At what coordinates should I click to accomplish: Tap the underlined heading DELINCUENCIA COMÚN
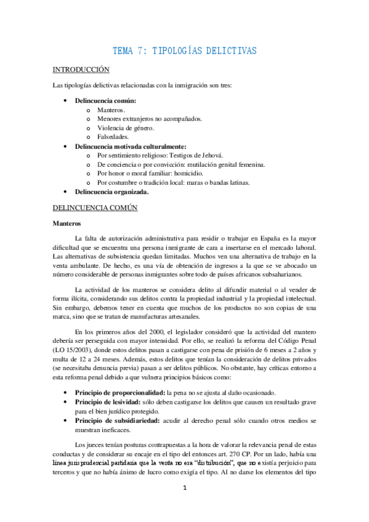95,208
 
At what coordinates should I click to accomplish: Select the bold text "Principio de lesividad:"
105,402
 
